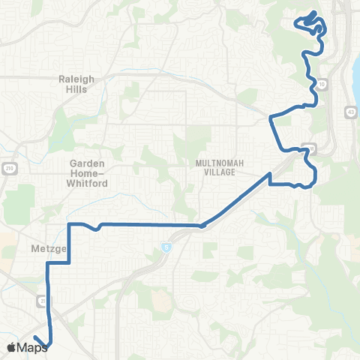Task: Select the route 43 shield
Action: coord(350,112)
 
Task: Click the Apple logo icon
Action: coord(11,347)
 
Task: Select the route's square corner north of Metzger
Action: coord(69,224)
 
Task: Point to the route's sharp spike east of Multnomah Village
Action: coord(269,175)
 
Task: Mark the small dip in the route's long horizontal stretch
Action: coord(97,228)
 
